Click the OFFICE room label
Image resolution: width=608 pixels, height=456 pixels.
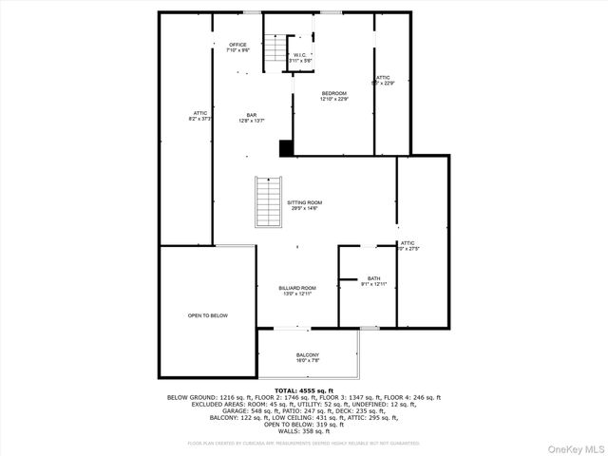click(237, 45)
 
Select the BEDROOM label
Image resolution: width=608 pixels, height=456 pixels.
click(333, 93)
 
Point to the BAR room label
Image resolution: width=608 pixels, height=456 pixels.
click(252, 115)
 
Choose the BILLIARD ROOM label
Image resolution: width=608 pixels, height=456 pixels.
click(297, 288)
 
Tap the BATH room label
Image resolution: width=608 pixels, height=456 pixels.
click(374, 278)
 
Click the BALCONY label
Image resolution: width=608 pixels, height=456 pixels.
click(307, 354)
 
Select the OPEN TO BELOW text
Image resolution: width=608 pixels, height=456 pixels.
click(207, 315)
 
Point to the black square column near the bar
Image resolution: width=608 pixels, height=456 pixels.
click(285, 147)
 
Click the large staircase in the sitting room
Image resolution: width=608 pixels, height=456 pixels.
click(269, 201)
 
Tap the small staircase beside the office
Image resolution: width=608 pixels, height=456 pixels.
click(275, 51)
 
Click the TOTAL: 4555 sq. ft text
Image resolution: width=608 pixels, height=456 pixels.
click(304, 390)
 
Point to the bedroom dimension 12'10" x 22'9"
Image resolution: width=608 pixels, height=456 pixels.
click(333, 99)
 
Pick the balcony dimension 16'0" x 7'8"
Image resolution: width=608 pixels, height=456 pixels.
click(307, 360)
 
